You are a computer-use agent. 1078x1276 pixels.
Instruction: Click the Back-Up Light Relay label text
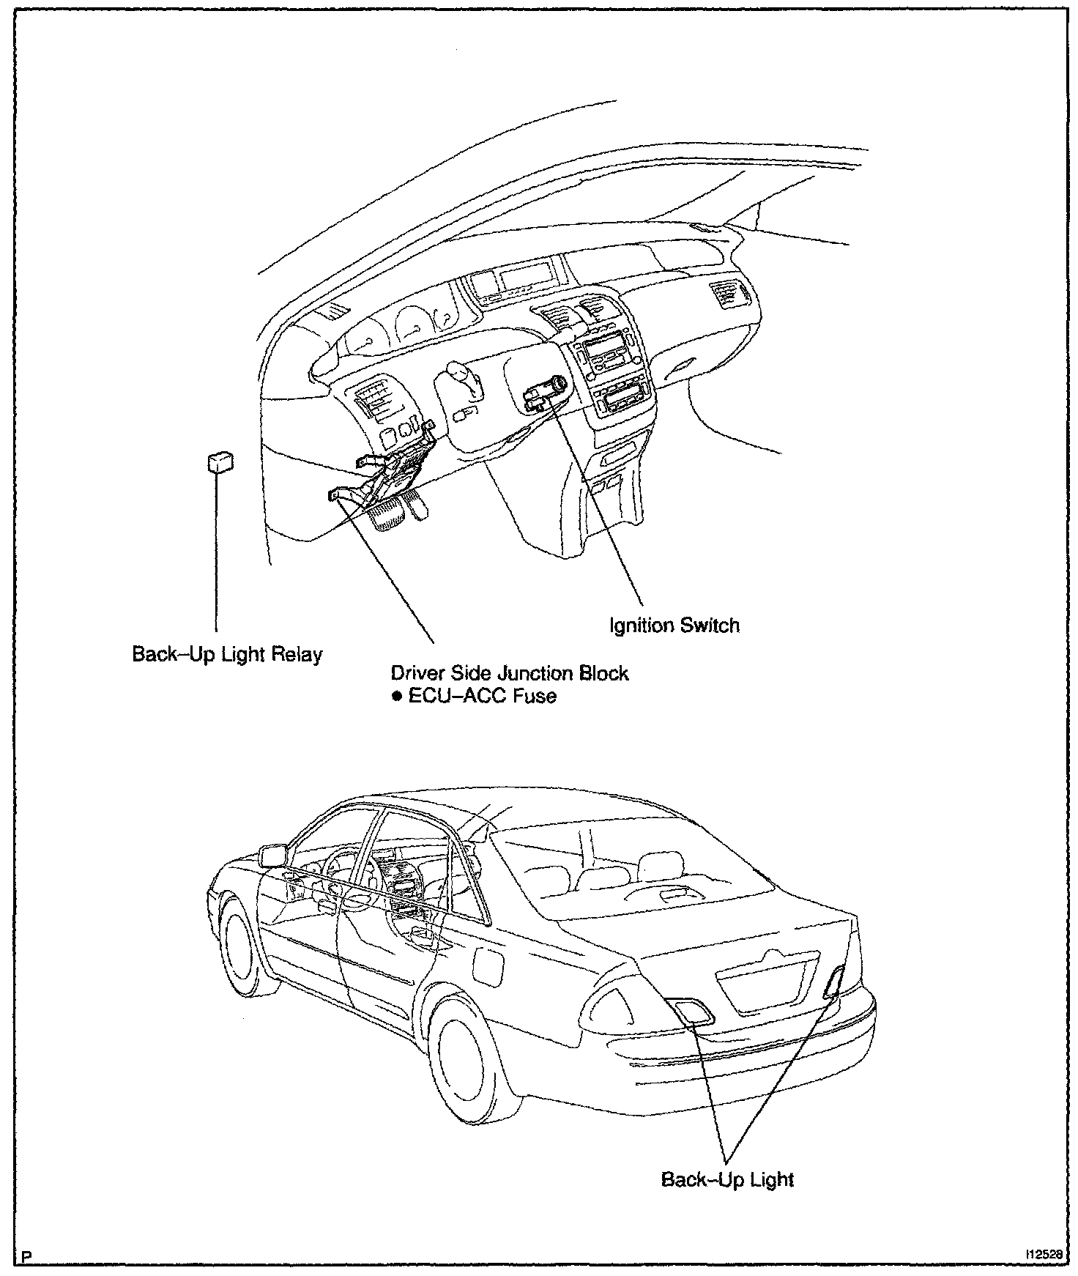click(227, 653)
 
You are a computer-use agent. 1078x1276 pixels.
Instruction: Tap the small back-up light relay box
click(220, 463)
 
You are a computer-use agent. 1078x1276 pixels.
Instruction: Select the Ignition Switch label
click(674, 626)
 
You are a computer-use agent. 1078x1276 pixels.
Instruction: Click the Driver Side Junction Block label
click(510, 672)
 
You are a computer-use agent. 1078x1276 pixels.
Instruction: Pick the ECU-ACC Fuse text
click(482, 695)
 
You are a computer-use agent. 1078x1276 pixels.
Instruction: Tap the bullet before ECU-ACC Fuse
click(396, 696)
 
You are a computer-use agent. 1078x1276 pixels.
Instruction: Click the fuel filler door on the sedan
click(487, 962)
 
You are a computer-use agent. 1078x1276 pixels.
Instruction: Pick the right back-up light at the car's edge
click(834, 982)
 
